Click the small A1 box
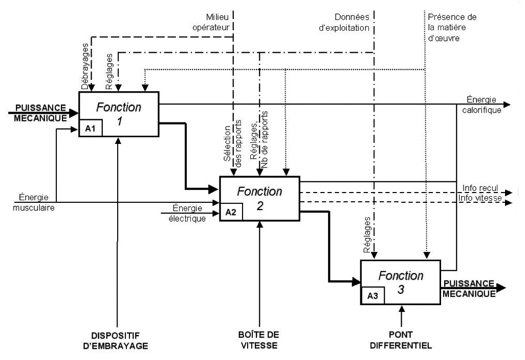tap(91, 129)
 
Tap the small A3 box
tap(372, 296)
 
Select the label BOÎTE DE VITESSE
tap(260, 341)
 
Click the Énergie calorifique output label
tap(483, 105)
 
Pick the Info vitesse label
tap(482, 198)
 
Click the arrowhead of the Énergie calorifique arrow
tap(507, 104)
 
